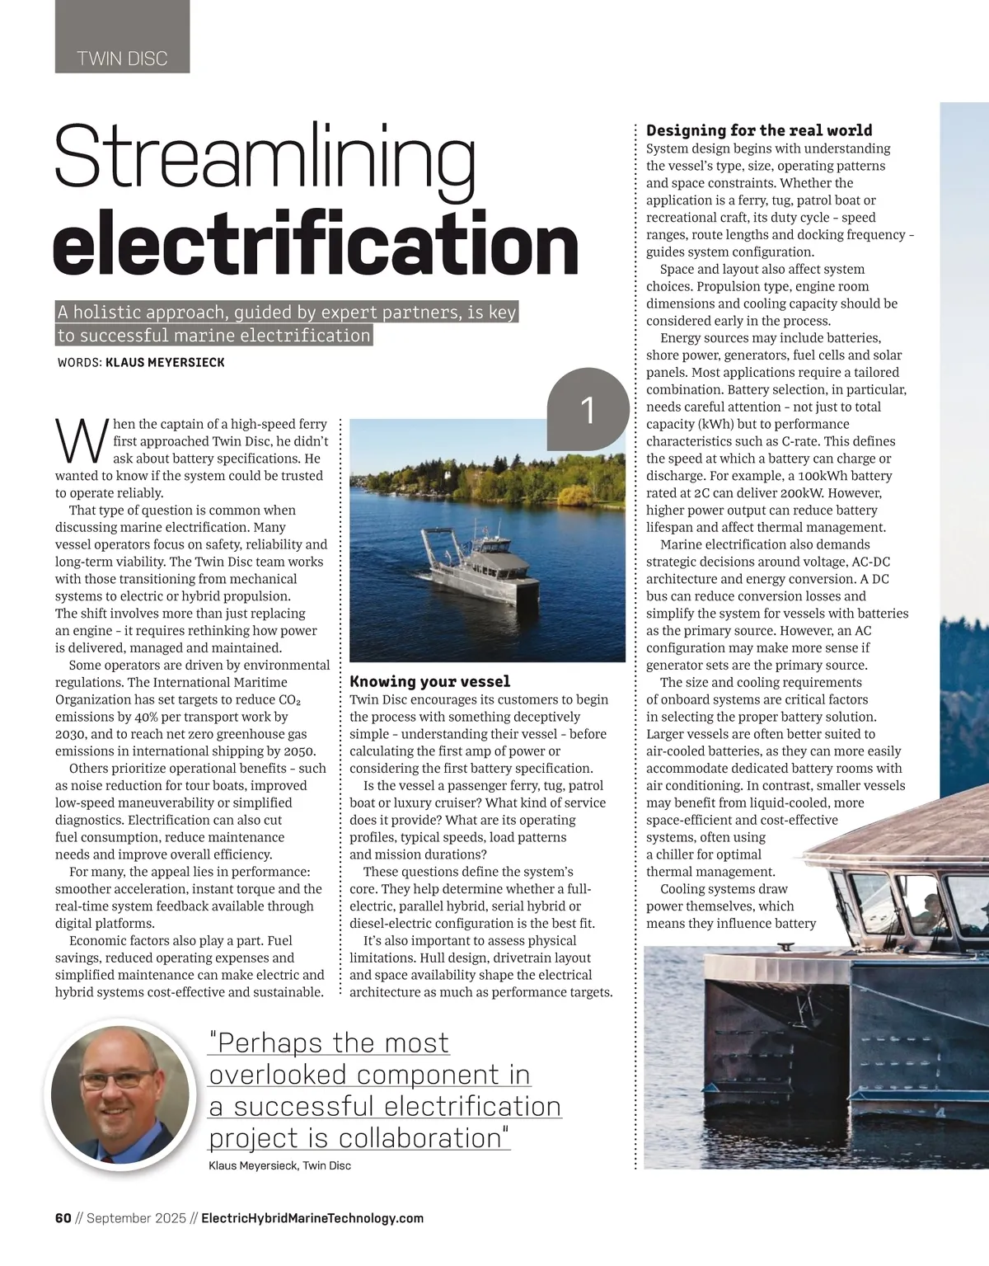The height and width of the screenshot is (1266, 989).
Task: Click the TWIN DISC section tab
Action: (x=122, y=59)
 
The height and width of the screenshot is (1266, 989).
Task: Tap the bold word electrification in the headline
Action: (x=315, y=244)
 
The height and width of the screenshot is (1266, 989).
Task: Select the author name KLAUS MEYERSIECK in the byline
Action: (x=165, y=362)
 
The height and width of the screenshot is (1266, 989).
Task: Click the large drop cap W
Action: (x=82, y=441)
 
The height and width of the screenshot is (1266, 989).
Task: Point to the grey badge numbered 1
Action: (x=588, y=410)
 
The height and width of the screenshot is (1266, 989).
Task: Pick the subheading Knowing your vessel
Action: (x=429, y=681)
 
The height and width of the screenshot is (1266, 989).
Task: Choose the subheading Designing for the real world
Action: (x=759, y=130)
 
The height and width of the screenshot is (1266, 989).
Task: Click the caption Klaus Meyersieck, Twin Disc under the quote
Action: (x=280, y=1165)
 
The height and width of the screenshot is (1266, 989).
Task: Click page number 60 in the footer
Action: (x=63, y=1218)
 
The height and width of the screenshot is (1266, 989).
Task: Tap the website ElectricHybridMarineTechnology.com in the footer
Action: (x=312, y=1218)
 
